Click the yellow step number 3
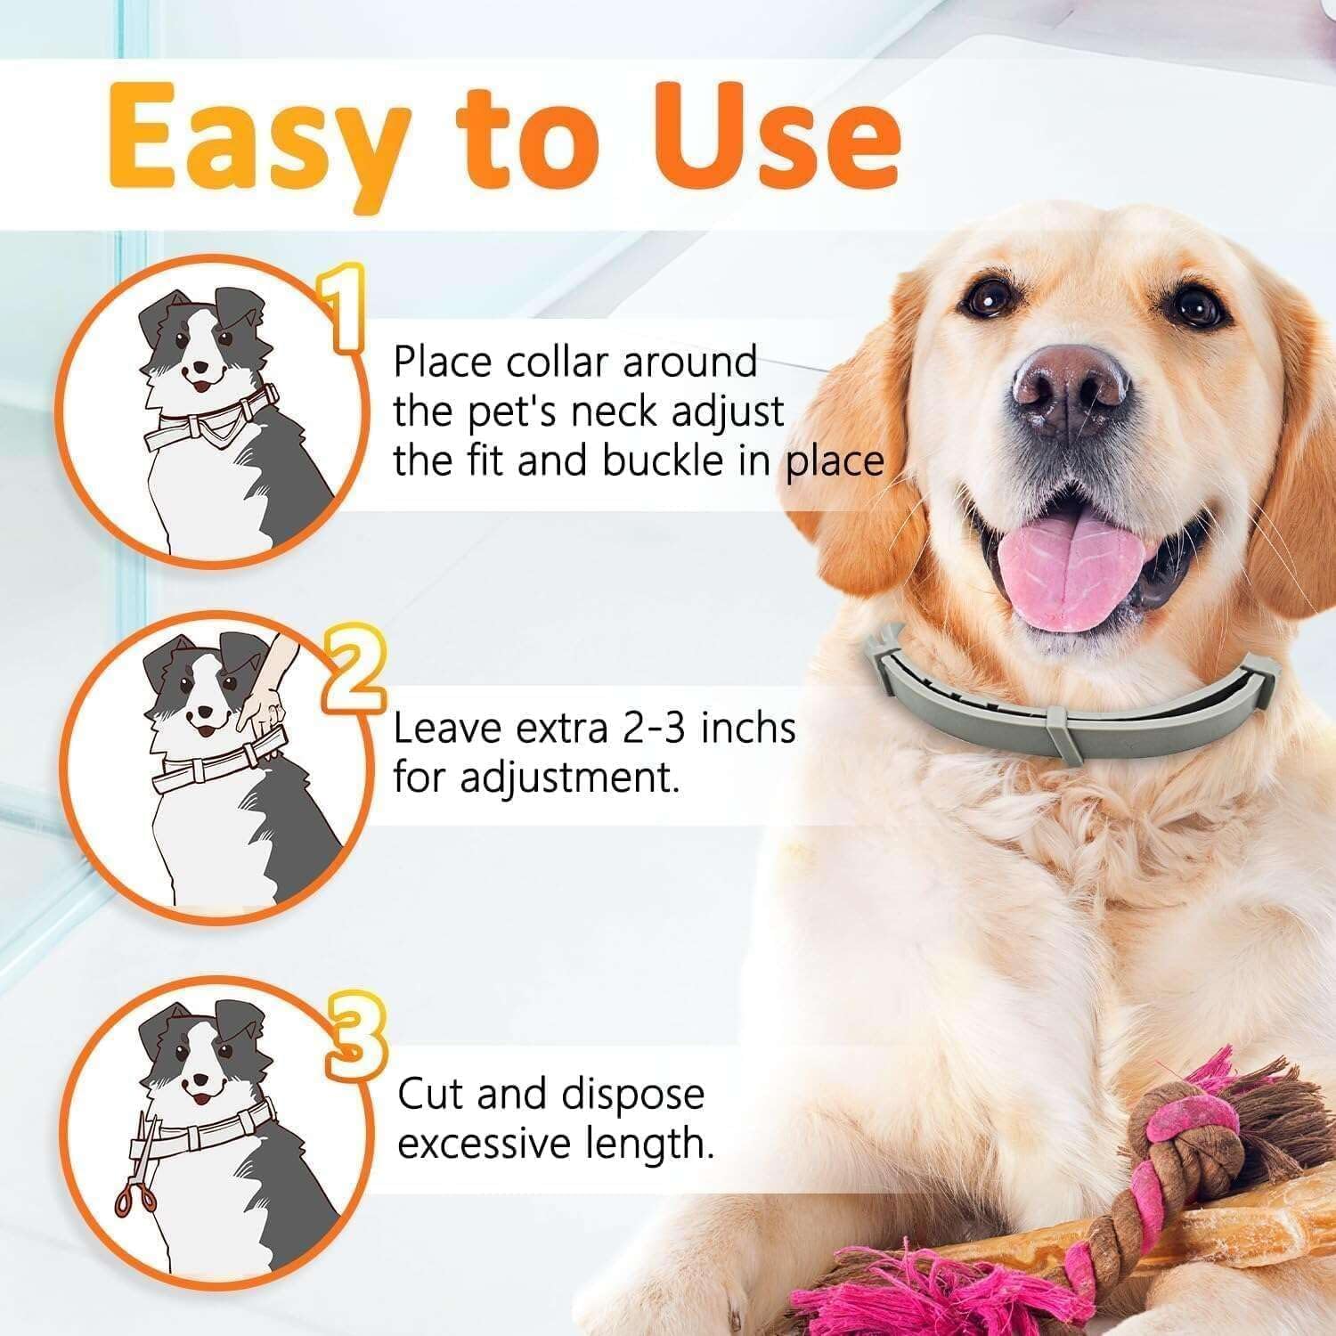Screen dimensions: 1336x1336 (355, 1037)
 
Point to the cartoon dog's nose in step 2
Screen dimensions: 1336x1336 (206, 713)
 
